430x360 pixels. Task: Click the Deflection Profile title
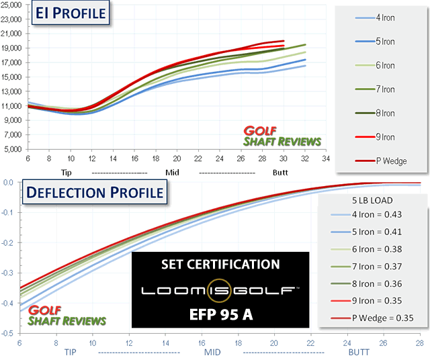(93, 193)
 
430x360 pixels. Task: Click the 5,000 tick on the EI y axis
(15, 150)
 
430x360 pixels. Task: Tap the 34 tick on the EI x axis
(325, 159)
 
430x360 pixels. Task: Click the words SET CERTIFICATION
(220, 264)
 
